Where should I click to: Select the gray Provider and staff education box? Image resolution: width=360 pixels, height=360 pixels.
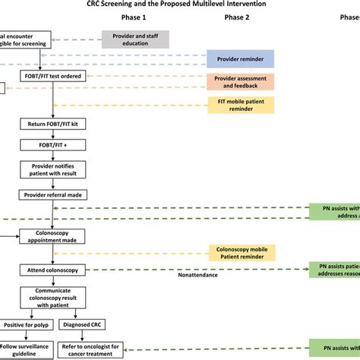(135, 39)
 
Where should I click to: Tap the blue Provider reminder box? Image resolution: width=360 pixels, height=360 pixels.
(242, 58)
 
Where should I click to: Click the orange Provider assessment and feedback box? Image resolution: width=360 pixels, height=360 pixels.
(242, 81)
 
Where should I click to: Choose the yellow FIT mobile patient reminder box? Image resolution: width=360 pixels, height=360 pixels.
(242, 105)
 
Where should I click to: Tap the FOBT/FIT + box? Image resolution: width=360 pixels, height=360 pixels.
(50, 144)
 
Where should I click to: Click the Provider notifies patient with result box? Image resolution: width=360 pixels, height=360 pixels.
(50, 170)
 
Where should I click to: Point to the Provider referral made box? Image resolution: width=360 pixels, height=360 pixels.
(50, 195)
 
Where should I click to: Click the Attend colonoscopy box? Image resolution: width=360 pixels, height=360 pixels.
(50, 270)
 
